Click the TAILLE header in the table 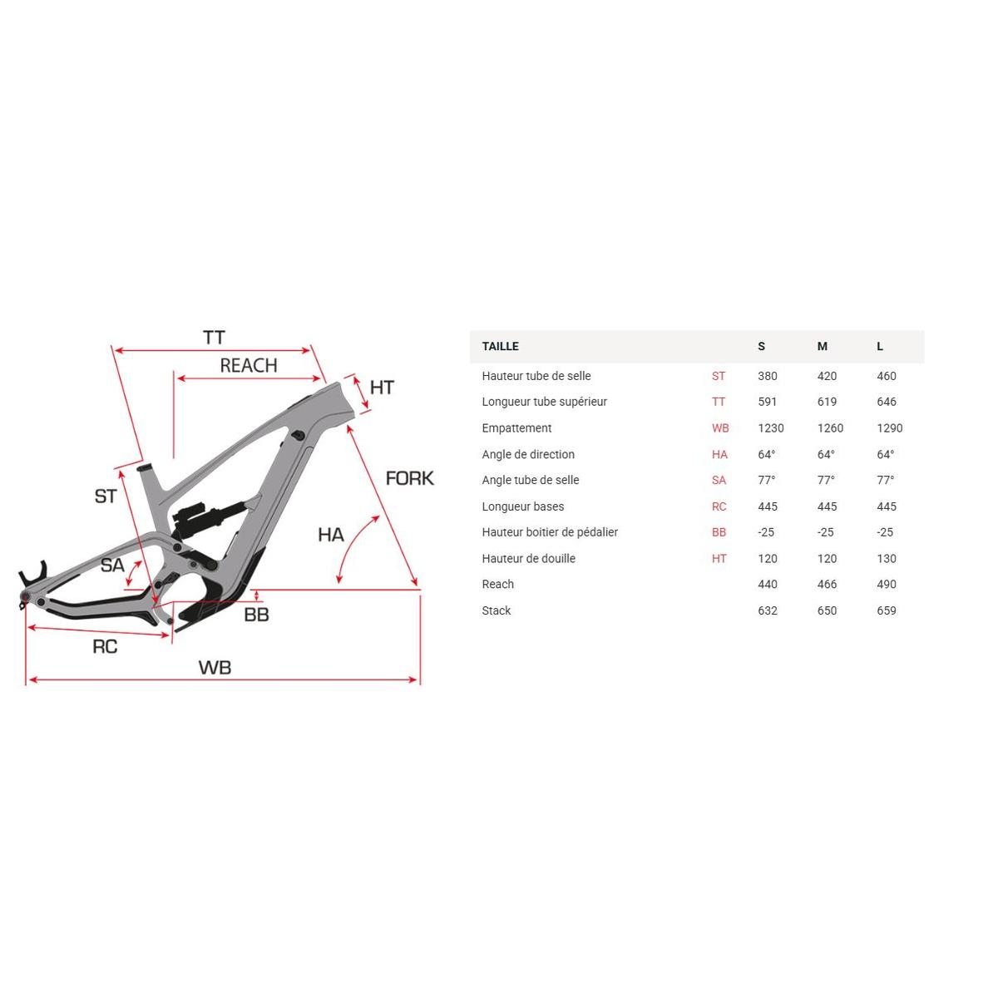point(500,346)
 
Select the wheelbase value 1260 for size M point(829,428)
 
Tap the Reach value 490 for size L point(887,585)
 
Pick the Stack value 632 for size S point(767,610)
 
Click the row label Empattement point(516,428)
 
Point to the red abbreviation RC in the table point(719,506)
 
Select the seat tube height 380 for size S point(767,376)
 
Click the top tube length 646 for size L point(887,402)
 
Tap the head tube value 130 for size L point(887,559)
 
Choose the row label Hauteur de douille point(528,559)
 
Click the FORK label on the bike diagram point(409,478)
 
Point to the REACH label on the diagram point(248,366)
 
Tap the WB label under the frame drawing point(215,667)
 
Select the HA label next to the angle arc point(330,535)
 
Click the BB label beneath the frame point(256,615)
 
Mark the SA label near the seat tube point(112,566)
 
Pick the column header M point(822,346)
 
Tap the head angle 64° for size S point(767,454)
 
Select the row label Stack point(496,610)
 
